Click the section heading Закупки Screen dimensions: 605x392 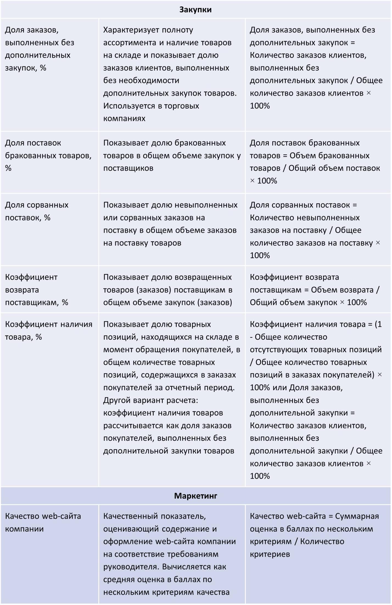coord(195,10)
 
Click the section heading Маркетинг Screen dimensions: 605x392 coord(195,496)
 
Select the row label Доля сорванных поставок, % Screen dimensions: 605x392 coord(37,211)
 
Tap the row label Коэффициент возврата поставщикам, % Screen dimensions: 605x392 coord(37,290)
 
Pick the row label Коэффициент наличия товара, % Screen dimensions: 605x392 coord(49,330)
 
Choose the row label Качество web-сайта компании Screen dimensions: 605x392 coord(43,522)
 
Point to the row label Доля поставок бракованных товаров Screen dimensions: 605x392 coord(48,155)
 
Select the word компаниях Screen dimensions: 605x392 coord(124,119)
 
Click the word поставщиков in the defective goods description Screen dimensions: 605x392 coord(128,168)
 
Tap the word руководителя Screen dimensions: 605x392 coord(131,567)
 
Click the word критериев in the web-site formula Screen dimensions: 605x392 coord(270,554)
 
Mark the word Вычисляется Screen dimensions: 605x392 coord(194,567)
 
